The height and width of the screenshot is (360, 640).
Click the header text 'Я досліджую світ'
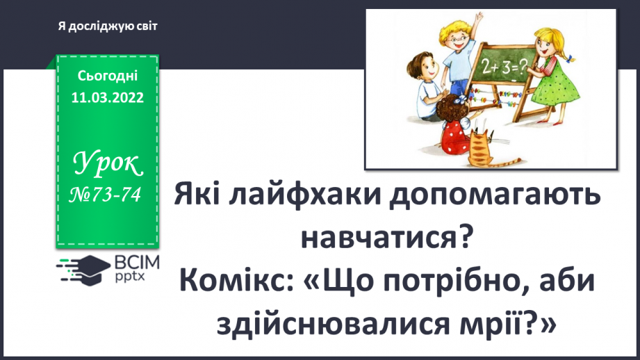pos(108,26)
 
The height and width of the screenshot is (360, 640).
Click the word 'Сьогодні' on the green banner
pos(107,75)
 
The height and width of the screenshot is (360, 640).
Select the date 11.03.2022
pos(107,97)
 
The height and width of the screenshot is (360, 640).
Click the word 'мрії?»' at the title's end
pos(509,321)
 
